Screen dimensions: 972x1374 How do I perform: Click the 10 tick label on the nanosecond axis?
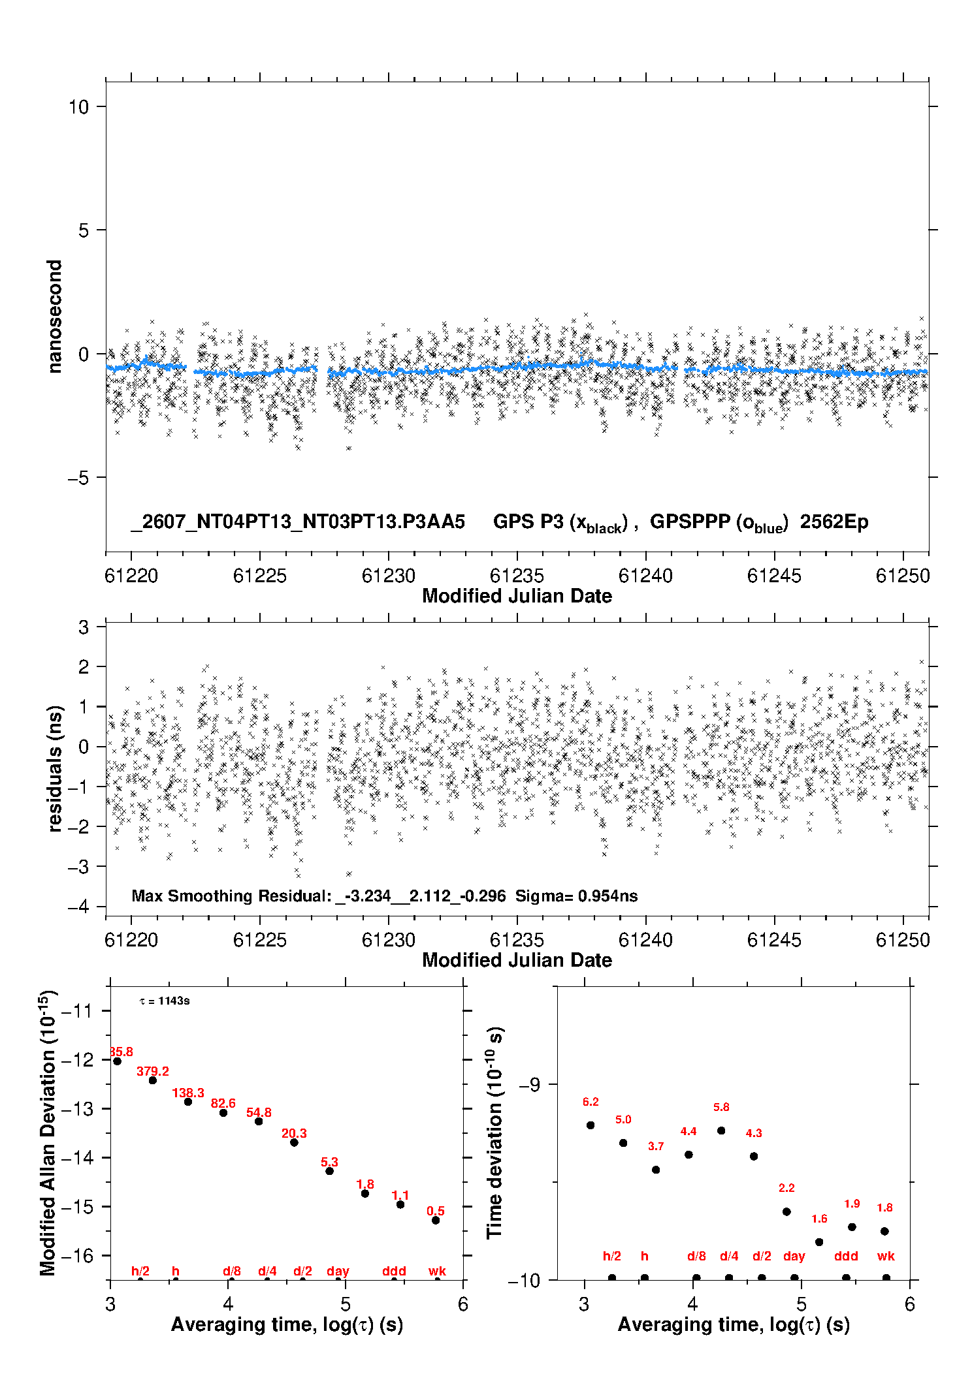[x=78, y=106]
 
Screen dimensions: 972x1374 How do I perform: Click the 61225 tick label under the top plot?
[x=260, y=576]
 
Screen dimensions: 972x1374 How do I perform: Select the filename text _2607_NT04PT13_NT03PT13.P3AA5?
[x=298, y=522]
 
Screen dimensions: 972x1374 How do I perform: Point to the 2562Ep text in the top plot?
[x=834, y=522]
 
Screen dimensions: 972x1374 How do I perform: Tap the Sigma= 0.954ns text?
[x=576, y=896]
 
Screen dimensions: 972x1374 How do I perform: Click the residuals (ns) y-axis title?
[x=55, y=768]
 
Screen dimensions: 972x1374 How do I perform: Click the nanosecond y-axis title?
[x=55, y=316]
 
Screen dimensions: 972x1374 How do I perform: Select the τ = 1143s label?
[x=165, y=1001]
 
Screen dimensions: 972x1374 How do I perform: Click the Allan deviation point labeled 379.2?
[x=153, y=1080]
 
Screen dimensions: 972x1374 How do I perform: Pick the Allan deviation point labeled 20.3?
[x=294, y=1142]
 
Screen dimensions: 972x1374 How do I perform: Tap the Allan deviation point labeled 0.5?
[x=436, y=1220]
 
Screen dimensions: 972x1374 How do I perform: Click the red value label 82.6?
[x=223, y=1103]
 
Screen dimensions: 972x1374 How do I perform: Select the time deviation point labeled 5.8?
[x=721, y=1131]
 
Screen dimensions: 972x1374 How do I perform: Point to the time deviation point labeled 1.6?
[x=819, y=1242]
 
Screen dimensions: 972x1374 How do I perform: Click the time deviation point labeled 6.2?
[x=591, y=1125]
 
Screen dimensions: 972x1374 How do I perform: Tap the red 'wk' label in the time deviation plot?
[x=886, y=1256]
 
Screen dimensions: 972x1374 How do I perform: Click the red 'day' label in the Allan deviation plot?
[x=338, y=1271]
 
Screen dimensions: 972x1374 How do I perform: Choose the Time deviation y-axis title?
[x=496, y=1132]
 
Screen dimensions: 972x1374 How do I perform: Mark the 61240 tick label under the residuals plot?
[x=645, y=940]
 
